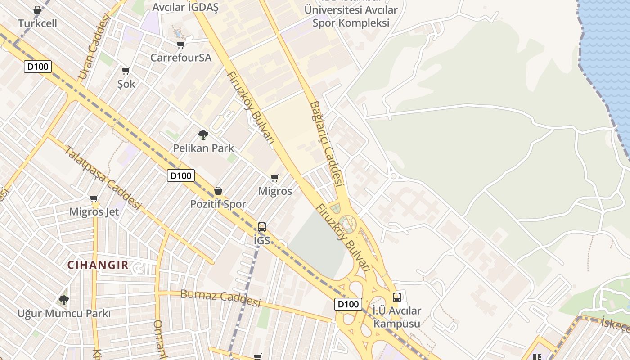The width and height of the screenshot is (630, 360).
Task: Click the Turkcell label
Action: pyautogui.click(x=38, y=23)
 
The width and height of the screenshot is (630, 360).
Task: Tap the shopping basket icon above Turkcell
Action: pyautogui.click(x=37, y=10)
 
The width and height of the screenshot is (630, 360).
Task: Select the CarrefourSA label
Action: pyautogui.click(x=180, y=58)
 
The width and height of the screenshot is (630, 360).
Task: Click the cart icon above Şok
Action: pyautogui.click(x=126, y=71)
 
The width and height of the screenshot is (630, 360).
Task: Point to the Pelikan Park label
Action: pyautogui.click(x=203, y=148)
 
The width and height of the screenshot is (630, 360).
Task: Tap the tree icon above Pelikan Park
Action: pyautogui.click(x=203, y=135)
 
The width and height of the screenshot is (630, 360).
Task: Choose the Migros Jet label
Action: pyautogui.click(x=94, y=211)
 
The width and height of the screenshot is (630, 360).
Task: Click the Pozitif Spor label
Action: pyautogui.click(x=218, y=204)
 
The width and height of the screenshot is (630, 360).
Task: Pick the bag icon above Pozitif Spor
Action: pyautogui.click(x=218, y=191)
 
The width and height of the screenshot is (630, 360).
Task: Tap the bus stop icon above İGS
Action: pyautogui.click(x=262, y=227)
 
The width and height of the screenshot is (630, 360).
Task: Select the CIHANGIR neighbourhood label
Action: pyautogui.click(x=98, y=265)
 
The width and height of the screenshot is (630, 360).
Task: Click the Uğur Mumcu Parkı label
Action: pyautogui.click(x=64, y=313)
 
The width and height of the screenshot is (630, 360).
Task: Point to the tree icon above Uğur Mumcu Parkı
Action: pyautogui.click(x=64, y=300)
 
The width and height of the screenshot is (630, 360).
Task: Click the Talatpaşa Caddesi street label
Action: pyautogui.click(x=103, y=178)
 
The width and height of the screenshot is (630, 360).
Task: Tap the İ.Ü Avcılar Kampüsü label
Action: pyautogui.click(x=397, y=317)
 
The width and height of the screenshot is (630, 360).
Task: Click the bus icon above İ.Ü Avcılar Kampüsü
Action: pyautogui.click(x=396, y=297)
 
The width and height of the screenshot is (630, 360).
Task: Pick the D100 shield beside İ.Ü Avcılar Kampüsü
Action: pyautogui.click(x=348, y=304)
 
